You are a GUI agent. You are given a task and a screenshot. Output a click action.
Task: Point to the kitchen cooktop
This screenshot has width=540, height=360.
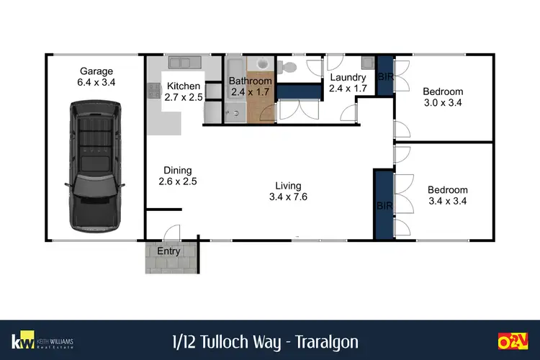point(153,91)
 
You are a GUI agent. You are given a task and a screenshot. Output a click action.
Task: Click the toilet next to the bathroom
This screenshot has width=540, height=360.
point(288,68)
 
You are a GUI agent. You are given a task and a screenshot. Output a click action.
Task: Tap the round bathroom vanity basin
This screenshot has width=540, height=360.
point(262,63)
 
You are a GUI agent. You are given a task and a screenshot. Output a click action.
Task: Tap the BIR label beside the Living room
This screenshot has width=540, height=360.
point(383,206)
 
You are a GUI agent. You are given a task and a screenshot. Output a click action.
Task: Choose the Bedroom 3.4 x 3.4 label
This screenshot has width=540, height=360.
point(447,195)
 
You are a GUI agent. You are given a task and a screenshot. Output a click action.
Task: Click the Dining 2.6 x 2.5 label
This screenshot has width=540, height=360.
point(177,176)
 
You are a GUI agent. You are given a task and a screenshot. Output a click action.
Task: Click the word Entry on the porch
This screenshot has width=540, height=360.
point(168,251)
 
